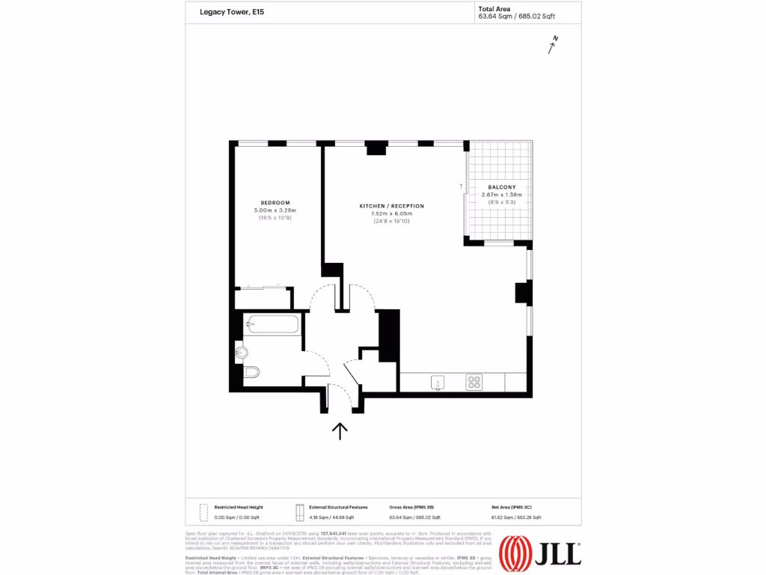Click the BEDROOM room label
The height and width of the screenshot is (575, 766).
pyautogui.click(x=275, y=203)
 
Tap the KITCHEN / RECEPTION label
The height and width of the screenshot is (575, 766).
pyautogui.click(x=391, y=206)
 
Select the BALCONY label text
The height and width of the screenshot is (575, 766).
pyautogui.click(x=501, y=187)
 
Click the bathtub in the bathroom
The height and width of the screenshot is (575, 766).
pyautogui.click(x=273, y=324)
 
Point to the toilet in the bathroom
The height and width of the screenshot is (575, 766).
pyautogui.click(x=251, y=371)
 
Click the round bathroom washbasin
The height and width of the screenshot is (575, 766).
pyautogui.click(x=241, y=353)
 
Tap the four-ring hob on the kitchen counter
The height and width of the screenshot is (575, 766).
pyautogui.click(x=474, y=382)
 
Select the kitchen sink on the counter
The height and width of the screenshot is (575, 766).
pyautogui.click(x=437, y=383)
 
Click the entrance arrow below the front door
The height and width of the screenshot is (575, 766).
pyautogui.click(x=340, y=431)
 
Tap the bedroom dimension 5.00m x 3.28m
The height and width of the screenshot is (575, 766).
pyautogui.click(x=275, y=210)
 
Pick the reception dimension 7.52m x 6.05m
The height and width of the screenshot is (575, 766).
pyautogui.click(x=391, y=213)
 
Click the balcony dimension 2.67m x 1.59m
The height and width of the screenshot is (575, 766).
pyautogui.click(x=501, y=195)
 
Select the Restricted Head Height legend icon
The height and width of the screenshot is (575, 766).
pyautogui.click(x=202, y=512)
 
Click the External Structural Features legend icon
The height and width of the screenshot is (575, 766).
pyautogui.click(x=298, y=512)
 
